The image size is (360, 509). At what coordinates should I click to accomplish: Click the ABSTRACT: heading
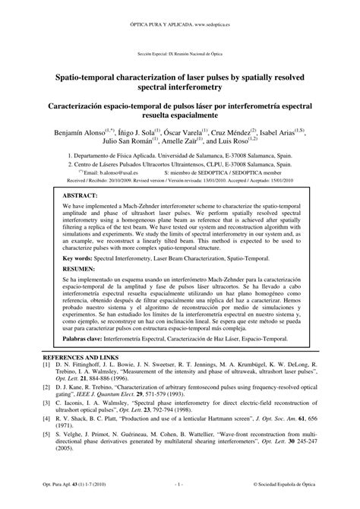pos(74,195)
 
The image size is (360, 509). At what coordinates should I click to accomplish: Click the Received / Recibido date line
pos(179,181)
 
